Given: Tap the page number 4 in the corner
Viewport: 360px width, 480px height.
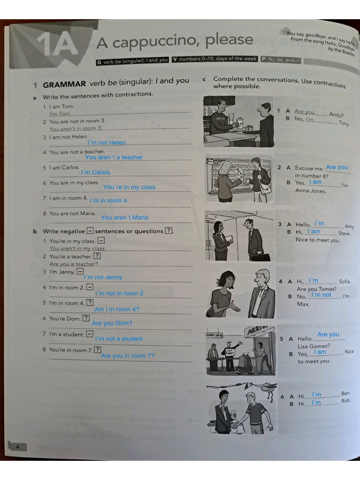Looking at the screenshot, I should click(17, 447).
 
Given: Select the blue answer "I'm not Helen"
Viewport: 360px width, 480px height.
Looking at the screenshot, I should click(106, 142).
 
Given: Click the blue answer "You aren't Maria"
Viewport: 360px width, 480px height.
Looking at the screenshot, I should click(124, 217).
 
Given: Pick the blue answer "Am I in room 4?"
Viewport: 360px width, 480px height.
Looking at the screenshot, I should click(117, 309).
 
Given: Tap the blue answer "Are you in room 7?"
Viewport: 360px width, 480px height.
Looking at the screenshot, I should click(127, 356).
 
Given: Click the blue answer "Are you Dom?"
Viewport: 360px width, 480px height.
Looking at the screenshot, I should click(112, 323).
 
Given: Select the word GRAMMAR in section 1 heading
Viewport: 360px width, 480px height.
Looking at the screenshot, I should click(64, 84).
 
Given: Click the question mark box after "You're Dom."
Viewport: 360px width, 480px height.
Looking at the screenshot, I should click(86, 318).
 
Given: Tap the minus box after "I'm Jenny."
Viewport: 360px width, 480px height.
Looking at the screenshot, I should click(80, 271).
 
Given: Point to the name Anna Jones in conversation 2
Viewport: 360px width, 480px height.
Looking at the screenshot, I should click(311, 191).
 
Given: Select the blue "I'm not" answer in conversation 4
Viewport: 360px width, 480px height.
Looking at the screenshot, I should click(321, 295).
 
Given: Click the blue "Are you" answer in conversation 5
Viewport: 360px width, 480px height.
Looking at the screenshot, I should click(328, 334).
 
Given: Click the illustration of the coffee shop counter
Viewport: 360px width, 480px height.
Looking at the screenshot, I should click(239, 122).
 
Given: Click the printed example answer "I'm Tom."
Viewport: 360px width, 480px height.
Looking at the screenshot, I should click(60, 113).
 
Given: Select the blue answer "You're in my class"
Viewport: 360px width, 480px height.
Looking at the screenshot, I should click(129, 187).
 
